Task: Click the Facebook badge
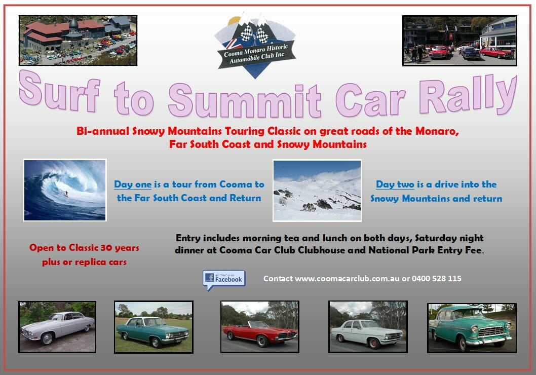click(224, 280)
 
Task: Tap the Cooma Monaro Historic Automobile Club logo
click(255, 46)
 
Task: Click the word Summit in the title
click(244, 100)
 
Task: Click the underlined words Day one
click(133, 184)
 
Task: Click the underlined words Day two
click(395, 184)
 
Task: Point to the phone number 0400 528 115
click(437, 279)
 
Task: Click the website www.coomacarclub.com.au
click(347, 279)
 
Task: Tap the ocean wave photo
click(65, 190)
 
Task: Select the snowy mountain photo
click(317, 191)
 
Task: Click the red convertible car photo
click(260, 327)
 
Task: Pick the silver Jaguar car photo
click(57, 327)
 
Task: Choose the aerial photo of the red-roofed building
click(78, 41)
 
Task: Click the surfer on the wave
click(66, 194)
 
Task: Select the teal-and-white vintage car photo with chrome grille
click(472, 328)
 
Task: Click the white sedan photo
click(368, 327)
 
